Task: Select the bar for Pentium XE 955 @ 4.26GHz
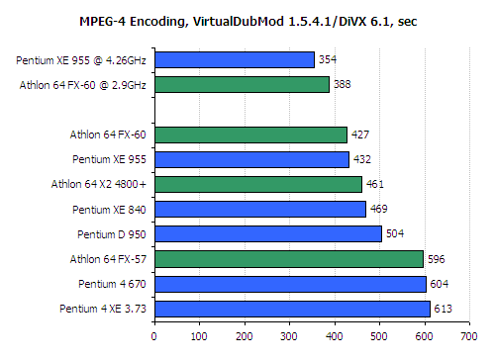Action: point(234,60)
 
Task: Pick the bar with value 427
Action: point(250,135)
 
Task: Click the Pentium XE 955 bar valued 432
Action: point(251,159)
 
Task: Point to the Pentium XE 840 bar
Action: point(259,209)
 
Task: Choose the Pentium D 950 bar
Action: point(267,233)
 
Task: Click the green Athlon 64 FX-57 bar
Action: point(288,258)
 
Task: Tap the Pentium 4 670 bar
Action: point(290,284)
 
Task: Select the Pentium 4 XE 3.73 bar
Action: point(292,309)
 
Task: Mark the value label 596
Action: point(437,259)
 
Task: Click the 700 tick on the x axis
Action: point(468,335)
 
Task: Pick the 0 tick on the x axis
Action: point(154,335)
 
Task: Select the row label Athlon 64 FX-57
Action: point(108,259)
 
